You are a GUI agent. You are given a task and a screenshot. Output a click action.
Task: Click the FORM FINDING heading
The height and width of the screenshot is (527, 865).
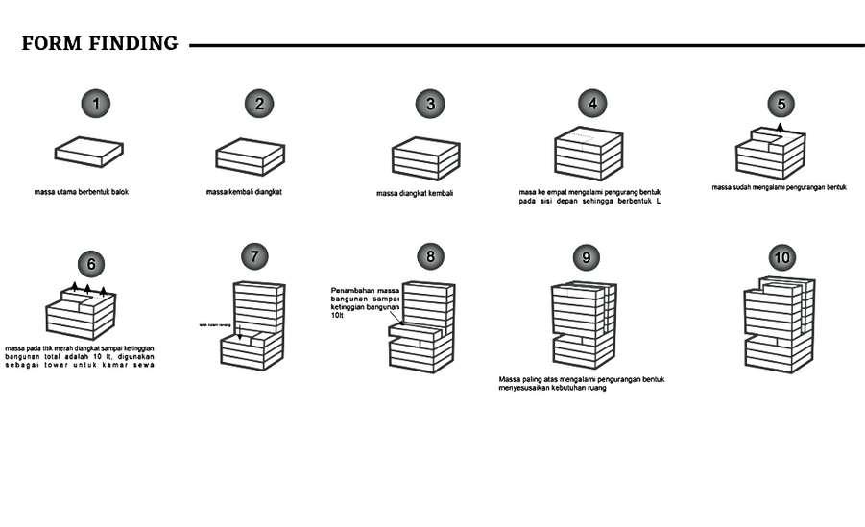[x=100, y=43]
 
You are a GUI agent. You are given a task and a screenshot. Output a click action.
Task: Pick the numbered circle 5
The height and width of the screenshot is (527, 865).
[x=781, y=104]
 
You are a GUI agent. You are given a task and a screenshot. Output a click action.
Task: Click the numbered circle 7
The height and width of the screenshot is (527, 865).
[x=254, y=256]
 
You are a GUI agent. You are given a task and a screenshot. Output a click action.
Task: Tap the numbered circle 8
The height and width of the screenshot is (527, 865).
[x=431, y=256]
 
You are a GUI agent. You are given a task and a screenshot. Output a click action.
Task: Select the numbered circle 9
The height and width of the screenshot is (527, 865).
[x=585, y=257]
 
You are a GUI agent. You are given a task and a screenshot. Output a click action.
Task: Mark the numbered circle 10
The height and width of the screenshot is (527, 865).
[x=781, y=257]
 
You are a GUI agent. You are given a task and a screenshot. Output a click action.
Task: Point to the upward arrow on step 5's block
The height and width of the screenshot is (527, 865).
[x=781, y=127]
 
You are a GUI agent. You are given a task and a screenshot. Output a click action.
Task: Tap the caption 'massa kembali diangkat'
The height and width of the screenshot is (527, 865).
[x=244, y=192]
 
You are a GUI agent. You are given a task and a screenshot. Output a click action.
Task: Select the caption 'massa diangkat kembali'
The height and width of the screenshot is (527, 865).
[x=415, y=194]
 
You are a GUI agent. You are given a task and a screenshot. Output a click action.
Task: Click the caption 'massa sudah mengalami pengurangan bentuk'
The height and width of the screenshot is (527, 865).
[x=780, y=187]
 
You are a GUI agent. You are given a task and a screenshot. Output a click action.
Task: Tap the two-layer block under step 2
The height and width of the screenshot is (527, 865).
[x=251, y=156]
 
